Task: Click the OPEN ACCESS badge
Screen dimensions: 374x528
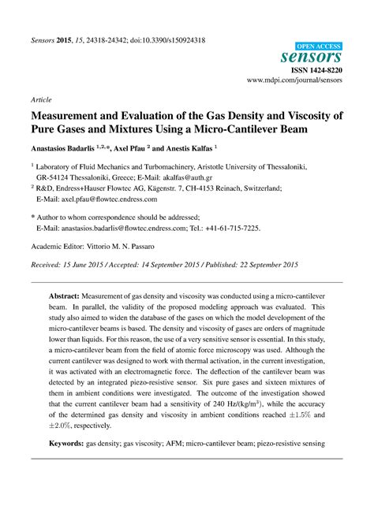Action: point(320,48)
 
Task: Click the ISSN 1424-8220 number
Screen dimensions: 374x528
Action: point(315,70)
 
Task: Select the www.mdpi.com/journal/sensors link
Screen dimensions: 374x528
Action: point(294,80)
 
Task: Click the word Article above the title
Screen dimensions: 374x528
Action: point(41,101)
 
